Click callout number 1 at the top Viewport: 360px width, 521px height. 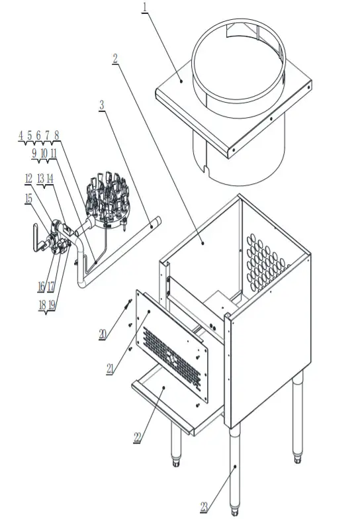coord(146,7)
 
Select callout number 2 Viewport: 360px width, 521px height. coord(115,58)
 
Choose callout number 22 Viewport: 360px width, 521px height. coord(137,438)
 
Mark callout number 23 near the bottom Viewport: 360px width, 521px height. coord(204,507)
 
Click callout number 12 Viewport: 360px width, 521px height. coord(28,178)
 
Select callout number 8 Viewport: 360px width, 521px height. coord(57,135)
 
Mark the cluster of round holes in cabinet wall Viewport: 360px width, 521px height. coord(268,261)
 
